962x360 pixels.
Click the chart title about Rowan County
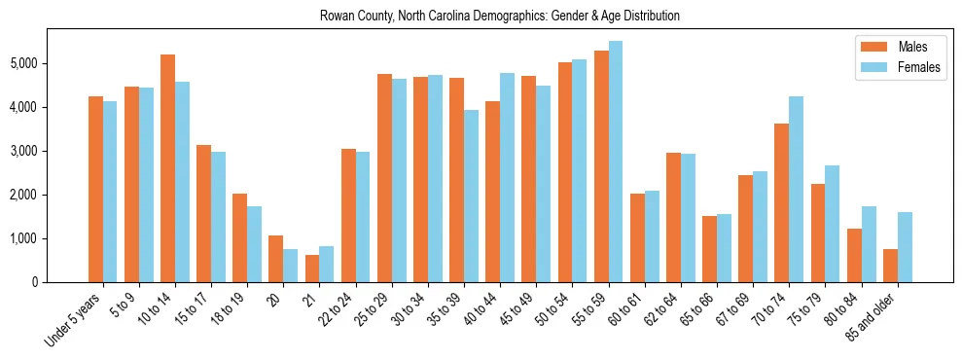pos(499,17)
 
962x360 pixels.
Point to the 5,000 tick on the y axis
pos(24,63)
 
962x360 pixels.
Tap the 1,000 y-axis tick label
pos(24,238)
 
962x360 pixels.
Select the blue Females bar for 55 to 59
pos(616,162)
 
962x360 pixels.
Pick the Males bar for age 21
pos(312,269)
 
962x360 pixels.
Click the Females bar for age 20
pos(291,266)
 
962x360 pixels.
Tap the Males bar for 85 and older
pos(890,266)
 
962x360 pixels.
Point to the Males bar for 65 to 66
pos(710,249)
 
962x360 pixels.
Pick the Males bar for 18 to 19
pos(240,238)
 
